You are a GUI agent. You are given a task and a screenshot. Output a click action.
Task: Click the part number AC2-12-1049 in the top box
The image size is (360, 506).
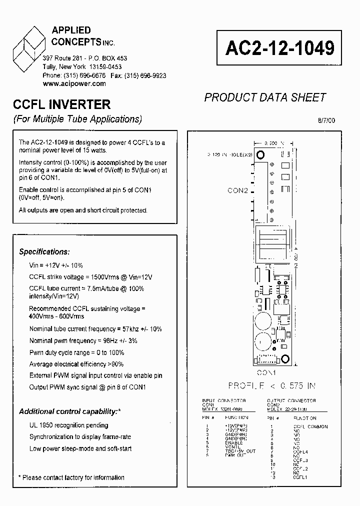[x=280, y=48]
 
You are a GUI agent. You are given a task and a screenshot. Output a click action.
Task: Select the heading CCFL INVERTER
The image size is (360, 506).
[x=61, y=104]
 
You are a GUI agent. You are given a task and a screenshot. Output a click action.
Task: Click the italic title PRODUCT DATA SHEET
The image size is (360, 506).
[x=265, y=97]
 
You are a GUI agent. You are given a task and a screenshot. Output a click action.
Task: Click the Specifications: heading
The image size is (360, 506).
[x=44, y=252]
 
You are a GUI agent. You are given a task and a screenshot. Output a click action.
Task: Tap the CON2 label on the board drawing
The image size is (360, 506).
[x=238, y=190]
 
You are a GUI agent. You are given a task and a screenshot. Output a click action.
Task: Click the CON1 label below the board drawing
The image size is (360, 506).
[x=267, y=372]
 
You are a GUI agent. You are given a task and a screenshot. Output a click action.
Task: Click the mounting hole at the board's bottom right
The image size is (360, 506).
[x=285, y=358]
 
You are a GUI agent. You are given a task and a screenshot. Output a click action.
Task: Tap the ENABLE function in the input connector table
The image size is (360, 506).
[x=234, y=442]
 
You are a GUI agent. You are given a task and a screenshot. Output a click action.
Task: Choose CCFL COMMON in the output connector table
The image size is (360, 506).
[x=310, y=426]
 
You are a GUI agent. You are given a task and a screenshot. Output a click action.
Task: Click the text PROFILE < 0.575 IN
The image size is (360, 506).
[x=271, y=385]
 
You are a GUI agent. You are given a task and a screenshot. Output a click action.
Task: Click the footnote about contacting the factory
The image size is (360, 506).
[x=71, y=477]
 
